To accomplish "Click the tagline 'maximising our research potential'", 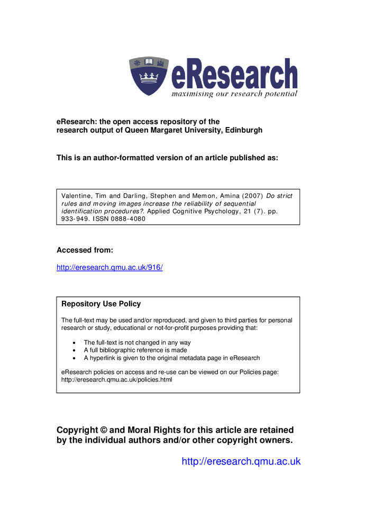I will click(234, 94).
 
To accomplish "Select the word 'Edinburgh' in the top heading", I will click(239, 130).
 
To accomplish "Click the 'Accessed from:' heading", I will click(85, 250).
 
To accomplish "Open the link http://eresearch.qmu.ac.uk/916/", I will click(110, 268).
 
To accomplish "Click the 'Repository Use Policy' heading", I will click(101, 304).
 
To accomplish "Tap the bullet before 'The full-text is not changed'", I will click(73, 343).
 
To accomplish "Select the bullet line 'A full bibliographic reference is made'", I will click(135, 350).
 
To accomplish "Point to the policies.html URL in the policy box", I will click(117, 379).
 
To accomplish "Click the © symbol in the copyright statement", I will click(103, 430).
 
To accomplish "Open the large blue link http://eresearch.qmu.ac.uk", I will click(241, 461).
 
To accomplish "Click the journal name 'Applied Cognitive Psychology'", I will click(190, 211).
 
